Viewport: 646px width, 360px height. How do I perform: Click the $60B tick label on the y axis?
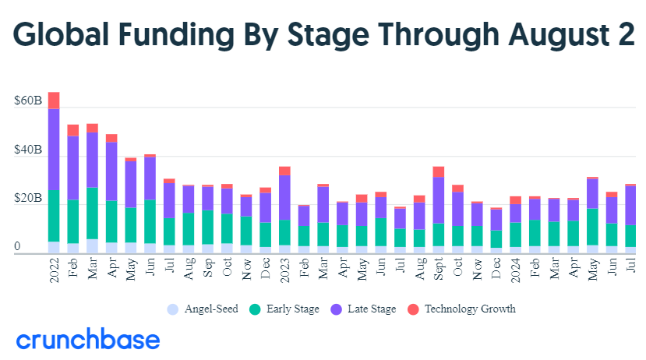coord(28,101)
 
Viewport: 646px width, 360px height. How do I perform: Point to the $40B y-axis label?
coord(28,150)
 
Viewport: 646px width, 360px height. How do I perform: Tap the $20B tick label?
coord(28,199)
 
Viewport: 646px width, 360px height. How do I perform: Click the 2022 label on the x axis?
coord(54,269)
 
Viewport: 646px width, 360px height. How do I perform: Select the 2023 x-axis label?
coord(284,269)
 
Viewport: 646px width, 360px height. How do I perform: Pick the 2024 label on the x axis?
coord(515,269)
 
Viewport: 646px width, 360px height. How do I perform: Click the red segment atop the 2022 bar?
coord(54,100)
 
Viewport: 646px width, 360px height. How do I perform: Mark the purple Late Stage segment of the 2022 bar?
coord(54,149)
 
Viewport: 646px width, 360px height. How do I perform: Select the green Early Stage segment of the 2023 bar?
coord(284,232)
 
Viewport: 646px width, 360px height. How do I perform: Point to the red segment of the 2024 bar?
coord(515,199)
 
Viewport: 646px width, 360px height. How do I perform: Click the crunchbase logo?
coord(88,341)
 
